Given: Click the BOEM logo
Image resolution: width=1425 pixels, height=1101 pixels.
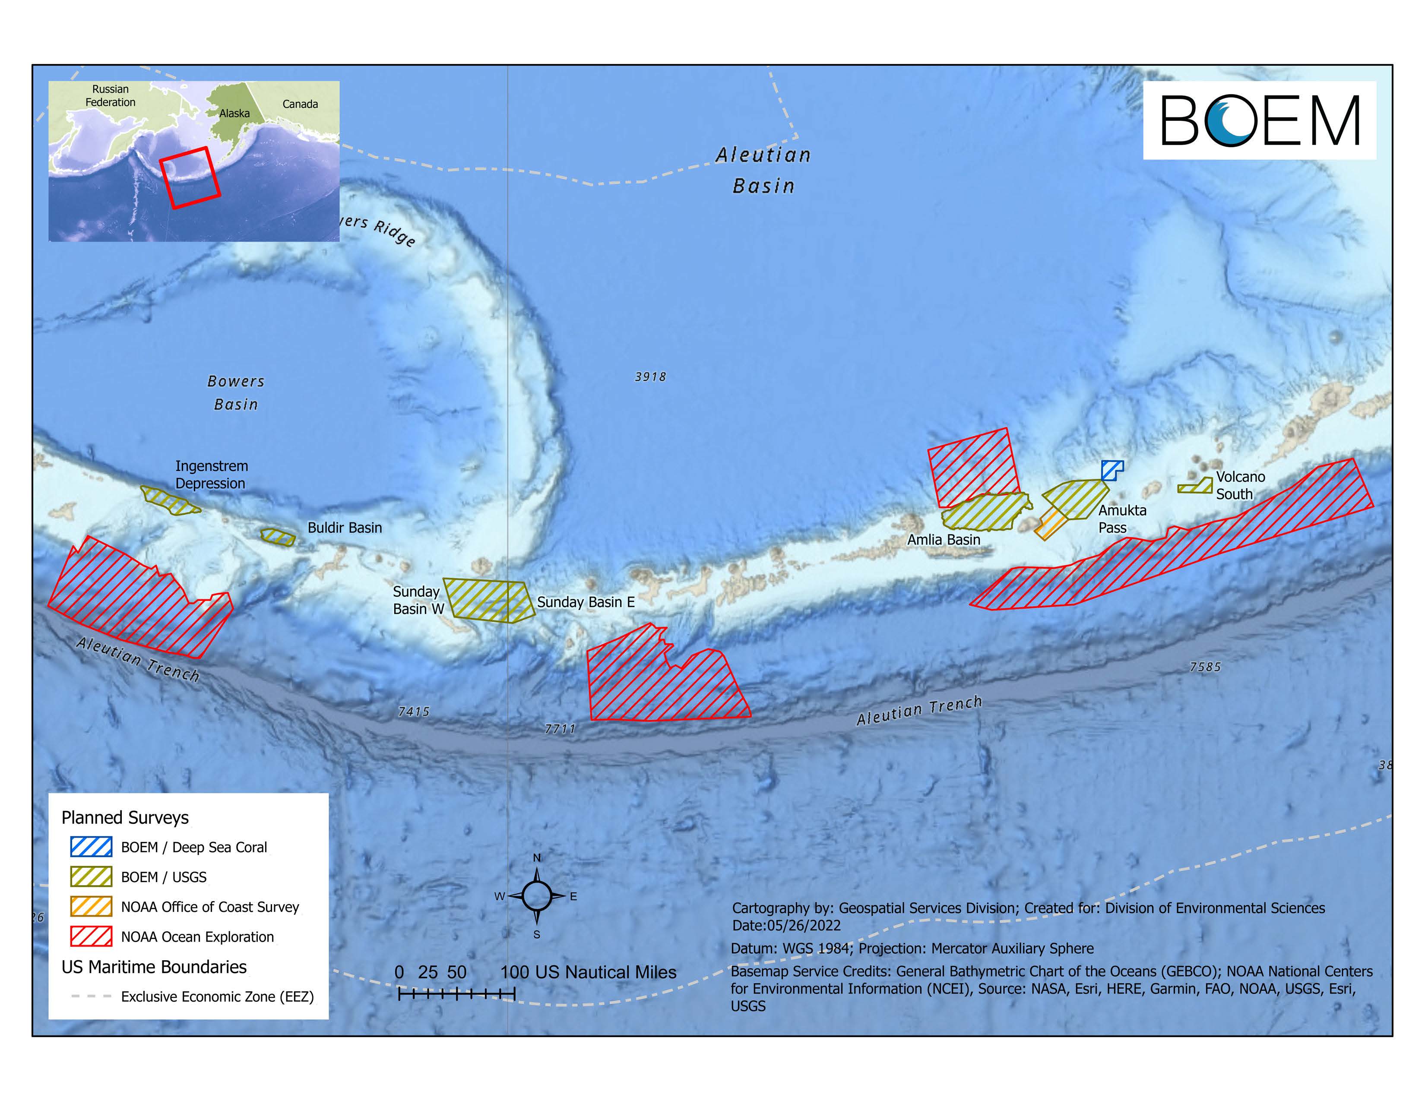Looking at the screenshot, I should (x=1259, y=120).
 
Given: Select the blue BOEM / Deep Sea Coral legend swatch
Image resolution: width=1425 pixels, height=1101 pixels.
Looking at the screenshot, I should (x=92, y=847).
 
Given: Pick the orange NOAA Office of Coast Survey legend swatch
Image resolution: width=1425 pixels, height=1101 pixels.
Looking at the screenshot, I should (x=92, y=907).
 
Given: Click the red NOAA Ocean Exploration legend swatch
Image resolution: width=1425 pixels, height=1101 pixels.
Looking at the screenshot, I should (x=92, y=936).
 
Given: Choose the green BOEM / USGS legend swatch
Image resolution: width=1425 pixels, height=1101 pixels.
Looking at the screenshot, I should (x=92, y=876).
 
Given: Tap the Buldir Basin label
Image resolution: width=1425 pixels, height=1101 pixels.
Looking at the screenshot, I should (x=345, y=528).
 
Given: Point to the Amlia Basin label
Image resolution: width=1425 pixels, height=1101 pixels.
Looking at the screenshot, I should (x=944, y=539).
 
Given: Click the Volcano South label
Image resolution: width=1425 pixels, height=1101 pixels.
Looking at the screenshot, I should (x=1240, y=486).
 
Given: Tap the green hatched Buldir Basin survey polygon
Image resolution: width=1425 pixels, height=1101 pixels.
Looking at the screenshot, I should (x=279, y=537).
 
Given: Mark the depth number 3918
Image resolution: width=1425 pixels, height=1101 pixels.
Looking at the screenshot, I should (x=650, y=377).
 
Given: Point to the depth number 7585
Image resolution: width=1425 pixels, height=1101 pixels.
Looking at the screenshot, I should (x=1204, y=667).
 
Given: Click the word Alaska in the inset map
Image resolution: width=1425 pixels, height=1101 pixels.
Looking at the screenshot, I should (x=234, y=114).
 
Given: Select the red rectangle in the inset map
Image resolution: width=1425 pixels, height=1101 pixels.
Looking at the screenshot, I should (x=190, y=177).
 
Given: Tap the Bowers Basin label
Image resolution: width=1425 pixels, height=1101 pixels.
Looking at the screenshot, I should (x=235, y=392).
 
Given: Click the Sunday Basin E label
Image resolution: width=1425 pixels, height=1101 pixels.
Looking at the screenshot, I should (x=585, y=602).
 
